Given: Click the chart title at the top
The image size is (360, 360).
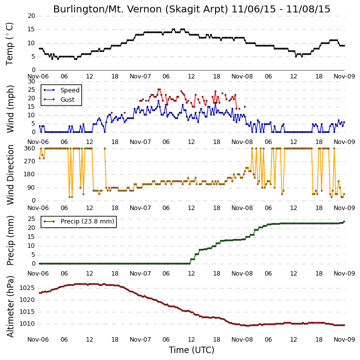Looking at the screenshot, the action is click(192, 9).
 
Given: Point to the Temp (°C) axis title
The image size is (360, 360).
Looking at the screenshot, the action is click(10, 44).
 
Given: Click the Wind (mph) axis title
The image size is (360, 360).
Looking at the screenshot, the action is click(10, 109).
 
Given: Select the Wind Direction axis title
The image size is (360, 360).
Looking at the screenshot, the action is click(10, 175).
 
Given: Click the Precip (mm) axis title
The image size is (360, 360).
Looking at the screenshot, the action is click(10, 241).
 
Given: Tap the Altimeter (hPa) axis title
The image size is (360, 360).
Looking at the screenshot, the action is click(10, 306).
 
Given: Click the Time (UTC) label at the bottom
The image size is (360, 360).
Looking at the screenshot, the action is click(192, 350).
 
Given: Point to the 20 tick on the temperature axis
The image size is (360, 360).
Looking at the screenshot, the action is click(31, 16).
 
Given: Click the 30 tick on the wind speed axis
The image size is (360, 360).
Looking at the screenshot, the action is click(31, 81).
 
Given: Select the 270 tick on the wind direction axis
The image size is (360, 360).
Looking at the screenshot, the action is click(30, 161).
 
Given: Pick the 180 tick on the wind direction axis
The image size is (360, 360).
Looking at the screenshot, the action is click(30, 174).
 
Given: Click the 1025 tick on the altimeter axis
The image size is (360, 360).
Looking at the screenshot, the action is click(27, 288).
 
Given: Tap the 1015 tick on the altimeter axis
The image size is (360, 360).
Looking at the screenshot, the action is click(27, 312).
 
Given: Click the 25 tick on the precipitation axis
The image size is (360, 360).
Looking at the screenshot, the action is click(31, 219).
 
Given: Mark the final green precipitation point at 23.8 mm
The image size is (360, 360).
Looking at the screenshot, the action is click(344, 221).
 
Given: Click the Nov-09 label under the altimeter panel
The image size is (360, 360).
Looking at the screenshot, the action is click(344, 339).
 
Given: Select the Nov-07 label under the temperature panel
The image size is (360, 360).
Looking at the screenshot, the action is click(141, 76).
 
